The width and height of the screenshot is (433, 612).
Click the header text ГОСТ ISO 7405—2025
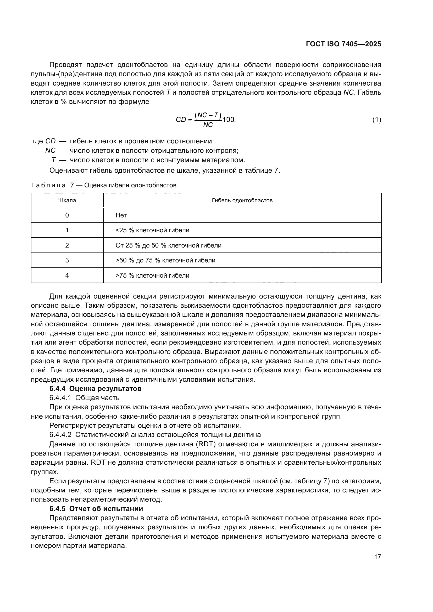click(x=343, y=44)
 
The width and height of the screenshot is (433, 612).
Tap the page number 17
click(x=378, y=557)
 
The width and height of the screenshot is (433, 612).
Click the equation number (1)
click(x=376, y=120)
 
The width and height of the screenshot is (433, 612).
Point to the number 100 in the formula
click(x=229, y=120)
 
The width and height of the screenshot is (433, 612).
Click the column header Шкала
click(x=67, y=200)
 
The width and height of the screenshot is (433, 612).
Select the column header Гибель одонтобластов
click(x=242, y=200)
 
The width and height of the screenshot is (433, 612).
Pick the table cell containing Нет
click(x=121, y=215)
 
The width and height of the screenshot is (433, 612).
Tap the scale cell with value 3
click(x=67, y=260)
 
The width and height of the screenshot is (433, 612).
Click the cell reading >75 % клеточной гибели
click(x=152, y=276)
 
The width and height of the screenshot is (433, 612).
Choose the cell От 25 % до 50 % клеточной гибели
click(x=168, y=245)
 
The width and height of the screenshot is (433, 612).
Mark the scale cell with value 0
click(x=67, y=215)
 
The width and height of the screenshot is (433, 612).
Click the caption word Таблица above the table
click(x=48, y=185)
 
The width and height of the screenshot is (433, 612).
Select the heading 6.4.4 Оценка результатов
click(x=96, y=389)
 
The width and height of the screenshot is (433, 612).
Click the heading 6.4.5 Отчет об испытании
click(x=96, y=509)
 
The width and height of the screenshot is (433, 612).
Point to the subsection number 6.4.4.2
click(x=60, y=435)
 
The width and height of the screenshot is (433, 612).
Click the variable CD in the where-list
click(x=50, y=141)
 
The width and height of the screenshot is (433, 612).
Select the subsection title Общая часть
click(x=97, y=398)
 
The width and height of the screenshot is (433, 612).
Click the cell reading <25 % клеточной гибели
click(x=152, y=230)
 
